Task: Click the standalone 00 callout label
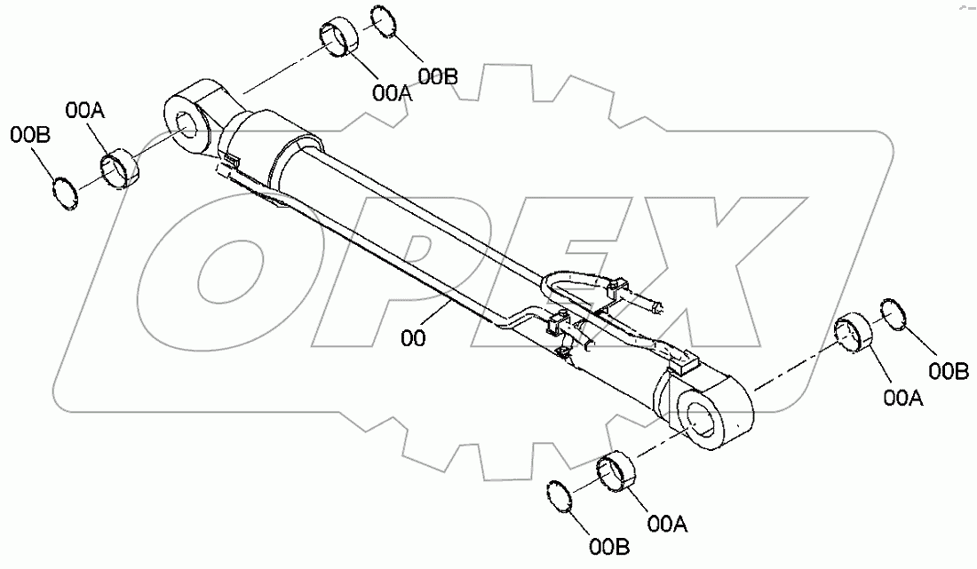click(413, 339)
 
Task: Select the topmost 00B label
click(438, 77)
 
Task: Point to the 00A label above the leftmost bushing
click(85, 110)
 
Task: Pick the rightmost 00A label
click(903, 399)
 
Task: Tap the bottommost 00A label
click(667, 525)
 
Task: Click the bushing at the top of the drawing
click(338, 40)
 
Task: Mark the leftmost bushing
click(120, 168)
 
